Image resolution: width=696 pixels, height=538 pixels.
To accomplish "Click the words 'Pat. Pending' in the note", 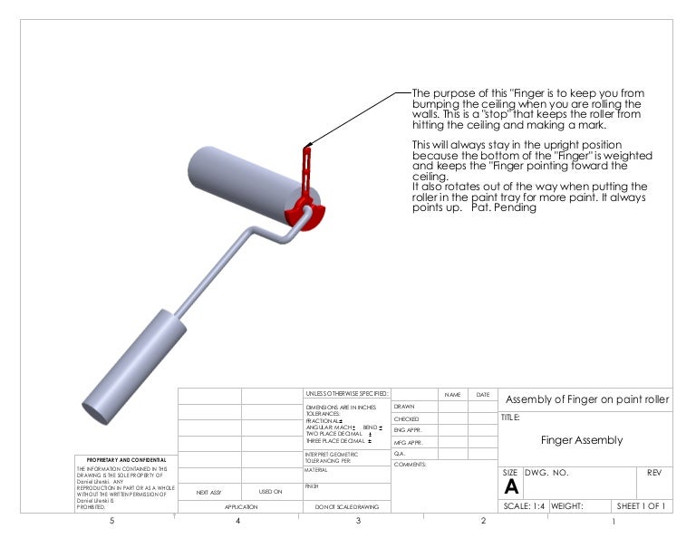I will coord(511,207).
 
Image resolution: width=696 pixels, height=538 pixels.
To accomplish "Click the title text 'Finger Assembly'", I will coord(581,440).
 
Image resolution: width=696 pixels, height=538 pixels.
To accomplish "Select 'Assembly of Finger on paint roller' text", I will coord(586,399).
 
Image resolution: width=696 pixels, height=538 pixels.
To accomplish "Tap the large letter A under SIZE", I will coord(510,486).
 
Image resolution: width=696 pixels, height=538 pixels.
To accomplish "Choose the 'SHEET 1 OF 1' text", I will coord(641,506).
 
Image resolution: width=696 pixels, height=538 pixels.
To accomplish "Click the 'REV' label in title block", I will coord(654,473).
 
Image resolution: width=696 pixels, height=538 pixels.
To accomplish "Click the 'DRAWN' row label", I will coord(404,407).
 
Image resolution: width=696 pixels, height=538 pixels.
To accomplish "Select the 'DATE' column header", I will coord(482,395).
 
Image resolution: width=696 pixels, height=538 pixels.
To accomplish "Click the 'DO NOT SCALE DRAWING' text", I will coord(346,507).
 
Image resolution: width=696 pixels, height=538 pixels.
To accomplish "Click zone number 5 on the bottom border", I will coord(111,522).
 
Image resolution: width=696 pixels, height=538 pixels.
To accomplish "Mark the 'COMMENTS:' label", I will coord(410,464).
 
